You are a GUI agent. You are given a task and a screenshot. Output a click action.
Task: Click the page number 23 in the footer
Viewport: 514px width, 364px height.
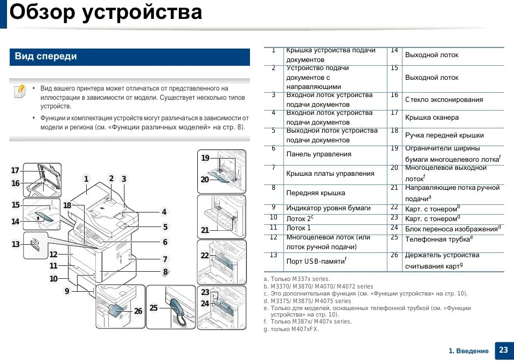(503, 350)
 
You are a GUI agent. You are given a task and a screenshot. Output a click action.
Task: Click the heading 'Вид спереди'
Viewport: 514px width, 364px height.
(46, 57)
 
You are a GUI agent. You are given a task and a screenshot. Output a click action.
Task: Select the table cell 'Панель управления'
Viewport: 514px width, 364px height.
(318, 154)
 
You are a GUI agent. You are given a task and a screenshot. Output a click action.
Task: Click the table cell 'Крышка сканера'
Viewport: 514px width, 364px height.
(432, 118)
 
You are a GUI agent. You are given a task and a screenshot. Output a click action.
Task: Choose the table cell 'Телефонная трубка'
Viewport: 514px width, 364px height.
(437, 238)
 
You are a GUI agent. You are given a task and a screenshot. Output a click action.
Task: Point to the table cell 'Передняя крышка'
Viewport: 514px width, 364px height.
(316, 193)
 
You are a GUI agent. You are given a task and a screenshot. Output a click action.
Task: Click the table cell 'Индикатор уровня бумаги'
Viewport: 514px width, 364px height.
(328, 208)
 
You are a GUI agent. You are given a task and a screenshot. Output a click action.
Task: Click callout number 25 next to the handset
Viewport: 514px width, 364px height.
(154, 308)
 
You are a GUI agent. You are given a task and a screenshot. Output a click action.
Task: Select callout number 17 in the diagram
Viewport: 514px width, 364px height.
(15, 170)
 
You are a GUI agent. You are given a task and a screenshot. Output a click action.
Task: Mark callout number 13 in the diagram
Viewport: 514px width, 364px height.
(16, 244)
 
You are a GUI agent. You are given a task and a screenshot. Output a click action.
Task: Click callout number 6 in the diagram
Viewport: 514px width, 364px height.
(165, 243)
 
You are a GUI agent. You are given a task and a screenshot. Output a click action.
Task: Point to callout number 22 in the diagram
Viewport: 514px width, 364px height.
(205, 256)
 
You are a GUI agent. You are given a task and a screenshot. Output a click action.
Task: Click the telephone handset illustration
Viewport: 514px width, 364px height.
(178, 310)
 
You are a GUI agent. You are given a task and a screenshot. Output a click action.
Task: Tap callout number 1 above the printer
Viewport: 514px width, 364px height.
(86, 179)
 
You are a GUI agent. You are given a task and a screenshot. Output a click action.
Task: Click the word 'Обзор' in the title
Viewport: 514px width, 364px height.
(42, 12)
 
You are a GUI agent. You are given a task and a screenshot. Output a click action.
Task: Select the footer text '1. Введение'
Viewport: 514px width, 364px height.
(468, 351)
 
